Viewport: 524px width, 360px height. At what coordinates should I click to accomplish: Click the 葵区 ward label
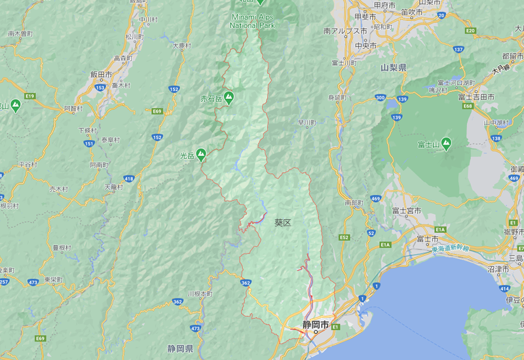point(282,223)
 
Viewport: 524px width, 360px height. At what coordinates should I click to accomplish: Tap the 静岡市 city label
point(315,324)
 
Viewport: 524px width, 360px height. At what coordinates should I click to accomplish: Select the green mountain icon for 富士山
point(446,143)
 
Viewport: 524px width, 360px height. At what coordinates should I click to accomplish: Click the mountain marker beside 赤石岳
point(229,98)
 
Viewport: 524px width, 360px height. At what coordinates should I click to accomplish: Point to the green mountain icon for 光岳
point(201,155)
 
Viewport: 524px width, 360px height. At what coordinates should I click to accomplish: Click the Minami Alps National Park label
point(253,21)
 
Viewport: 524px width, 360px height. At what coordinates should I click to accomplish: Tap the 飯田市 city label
point(102,75)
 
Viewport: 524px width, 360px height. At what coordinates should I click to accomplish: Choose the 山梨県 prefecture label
point(393,67)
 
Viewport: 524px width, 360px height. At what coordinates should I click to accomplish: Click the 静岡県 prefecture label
point(179,348)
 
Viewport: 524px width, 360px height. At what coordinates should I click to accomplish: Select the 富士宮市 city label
point(406,210)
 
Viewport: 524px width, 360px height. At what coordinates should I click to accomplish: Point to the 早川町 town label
point(307,122)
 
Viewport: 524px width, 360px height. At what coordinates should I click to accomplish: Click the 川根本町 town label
point(200,294)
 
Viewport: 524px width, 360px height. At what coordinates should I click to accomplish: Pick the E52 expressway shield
point(345,238)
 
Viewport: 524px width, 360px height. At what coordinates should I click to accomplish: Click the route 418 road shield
point(128,178)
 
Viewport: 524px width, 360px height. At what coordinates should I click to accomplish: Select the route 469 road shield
point(375,198)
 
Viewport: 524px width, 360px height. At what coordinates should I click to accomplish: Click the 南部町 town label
point(353,203)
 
